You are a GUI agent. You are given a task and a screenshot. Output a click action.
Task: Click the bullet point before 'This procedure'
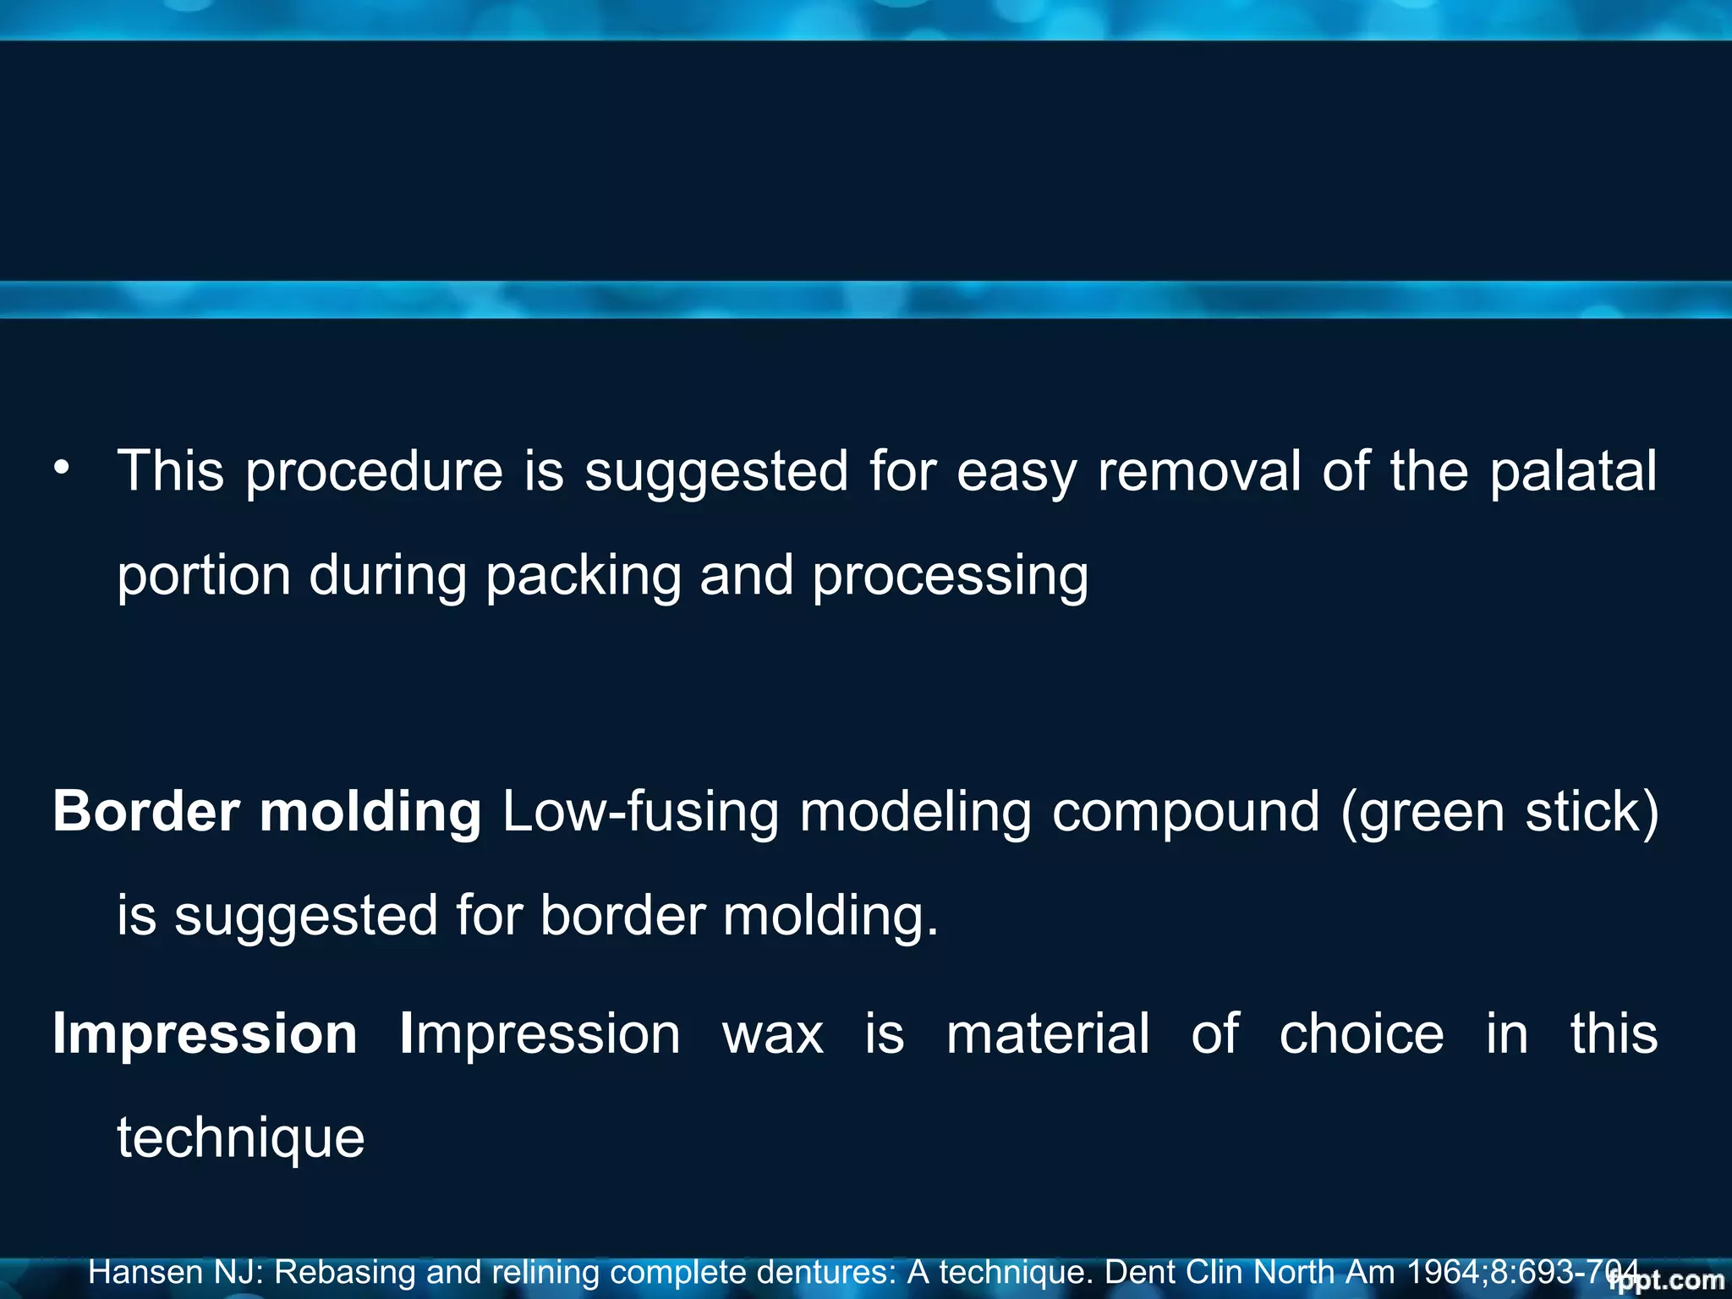pos(61,468)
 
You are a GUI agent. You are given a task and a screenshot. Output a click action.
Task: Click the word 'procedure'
pos(375,472)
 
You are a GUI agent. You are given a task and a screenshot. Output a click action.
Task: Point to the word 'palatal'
pos(1573,472)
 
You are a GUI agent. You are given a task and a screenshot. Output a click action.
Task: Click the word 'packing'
pos(584,577)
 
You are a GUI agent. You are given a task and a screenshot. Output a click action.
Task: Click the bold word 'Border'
pos(146,811)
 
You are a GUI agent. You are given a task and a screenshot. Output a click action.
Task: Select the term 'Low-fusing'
pos(640,813)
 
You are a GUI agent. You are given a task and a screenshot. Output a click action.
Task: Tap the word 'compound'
pos(1186,813)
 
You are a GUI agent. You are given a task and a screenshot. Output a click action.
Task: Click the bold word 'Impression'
pos(206,1035)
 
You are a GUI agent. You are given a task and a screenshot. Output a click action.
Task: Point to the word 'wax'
pos(773,1035)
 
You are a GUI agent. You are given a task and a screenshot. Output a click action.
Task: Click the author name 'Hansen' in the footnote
pos(145,1272)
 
